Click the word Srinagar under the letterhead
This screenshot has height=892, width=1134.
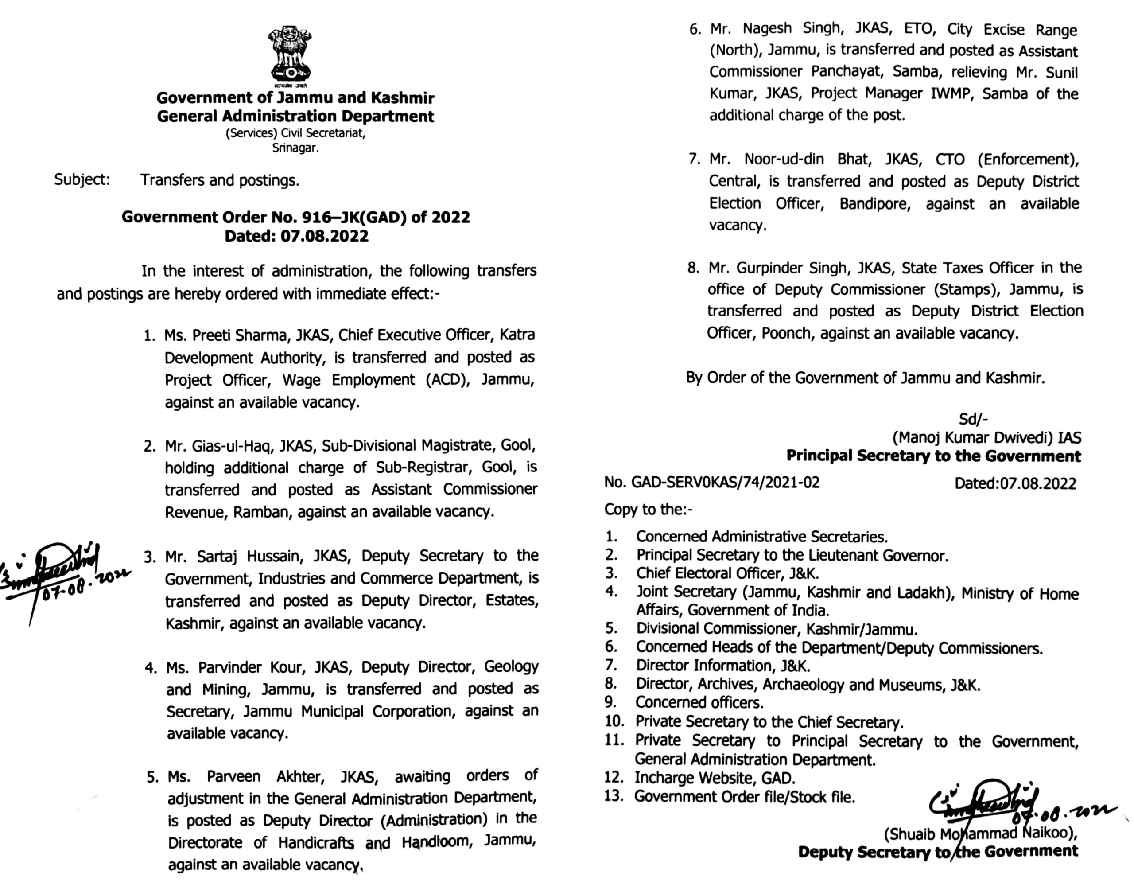pyautogui.click(x=295, y=148)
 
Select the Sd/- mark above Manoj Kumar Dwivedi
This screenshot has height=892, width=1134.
pyautogui.click(x=973, y=419)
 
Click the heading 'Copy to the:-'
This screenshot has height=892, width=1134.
pyautogui.click(x=648, y=509)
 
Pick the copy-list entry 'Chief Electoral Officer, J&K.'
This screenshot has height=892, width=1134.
pyautogui.click(x=727, y=573)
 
